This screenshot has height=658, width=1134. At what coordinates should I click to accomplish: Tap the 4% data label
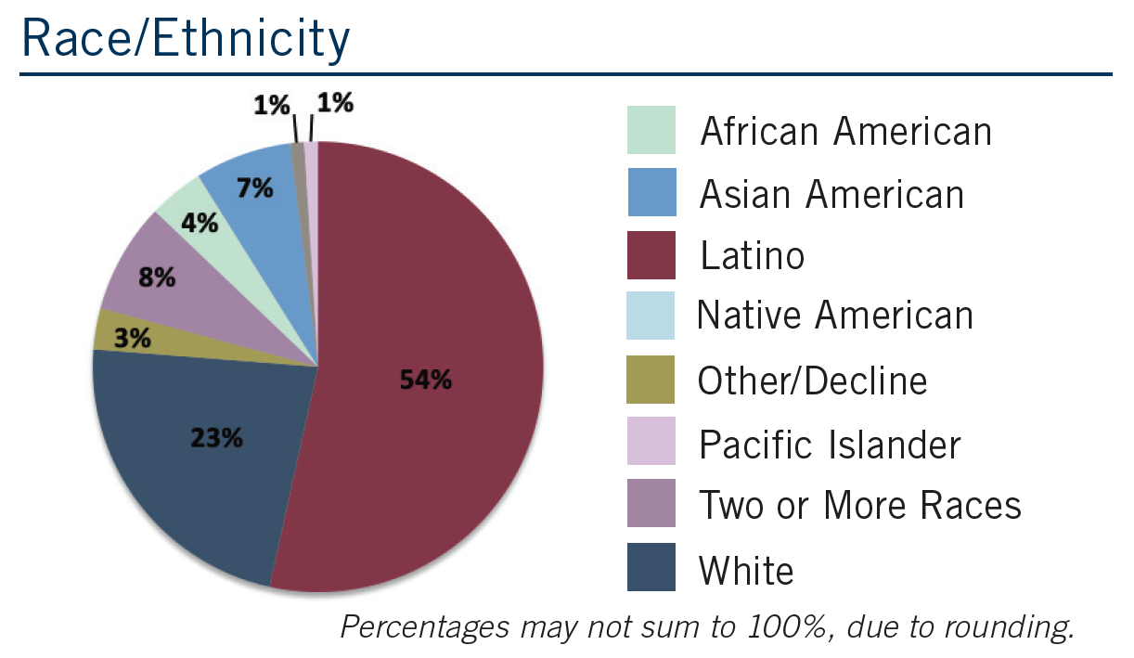[x=200, y=224]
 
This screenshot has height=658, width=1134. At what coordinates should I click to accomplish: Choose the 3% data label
[x=134, y=338]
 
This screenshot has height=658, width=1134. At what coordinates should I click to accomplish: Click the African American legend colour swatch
[x=651, y=130]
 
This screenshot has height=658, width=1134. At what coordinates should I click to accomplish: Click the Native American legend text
[x=835, y=316]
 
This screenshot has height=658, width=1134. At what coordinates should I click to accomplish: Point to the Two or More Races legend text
[x=859, y=506]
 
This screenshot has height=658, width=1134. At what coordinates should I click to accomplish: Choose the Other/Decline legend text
[x=813, y=381]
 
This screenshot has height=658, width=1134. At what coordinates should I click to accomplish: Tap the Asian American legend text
[x=831, y=194]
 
